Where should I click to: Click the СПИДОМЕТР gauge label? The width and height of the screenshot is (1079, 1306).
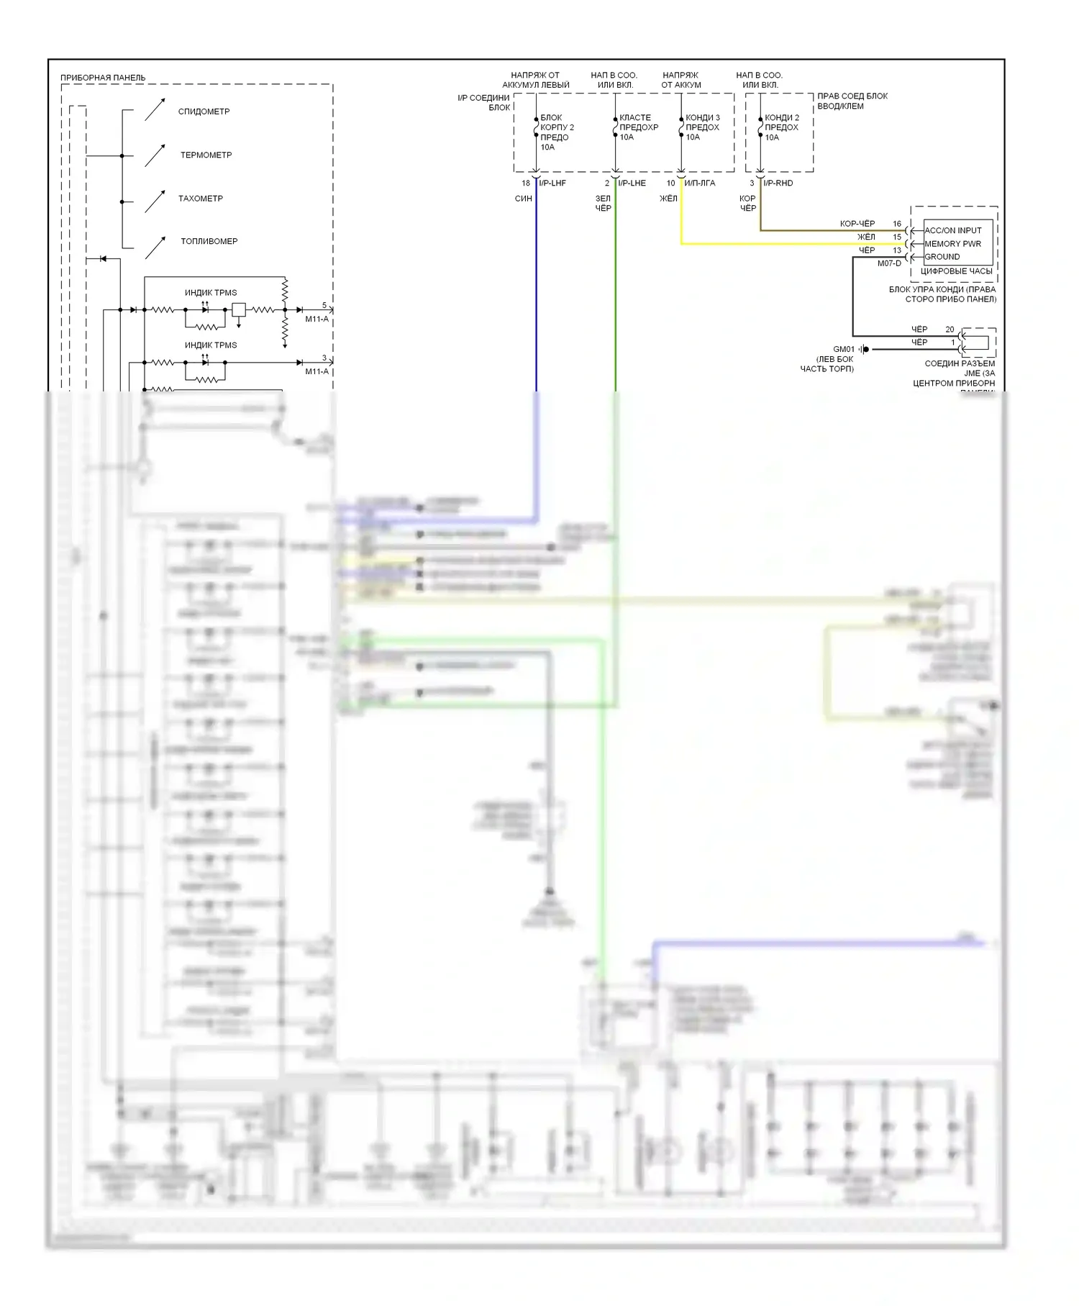[204, 112]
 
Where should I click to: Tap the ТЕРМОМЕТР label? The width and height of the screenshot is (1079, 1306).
[206, 155]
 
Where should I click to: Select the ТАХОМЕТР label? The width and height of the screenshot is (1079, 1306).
[200, 198]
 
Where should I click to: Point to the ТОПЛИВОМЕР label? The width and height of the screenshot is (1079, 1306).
[209, 241]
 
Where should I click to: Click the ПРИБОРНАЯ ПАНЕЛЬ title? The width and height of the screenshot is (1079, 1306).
[102, 78]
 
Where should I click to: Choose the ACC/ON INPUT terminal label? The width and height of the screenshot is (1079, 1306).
[952, 230]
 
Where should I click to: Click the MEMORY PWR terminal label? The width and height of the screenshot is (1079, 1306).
[952, 243]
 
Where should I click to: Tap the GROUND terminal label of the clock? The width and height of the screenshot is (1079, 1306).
[942, 256]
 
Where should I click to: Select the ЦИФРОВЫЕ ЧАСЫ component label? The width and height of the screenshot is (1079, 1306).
[956, 271]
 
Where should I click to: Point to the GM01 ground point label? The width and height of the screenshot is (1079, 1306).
[843, 349]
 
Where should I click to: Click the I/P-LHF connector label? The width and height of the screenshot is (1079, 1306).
[552, 183]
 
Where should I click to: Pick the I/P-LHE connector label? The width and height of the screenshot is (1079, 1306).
[632, 183]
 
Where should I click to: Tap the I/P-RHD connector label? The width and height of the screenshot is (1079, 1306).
[778, 183]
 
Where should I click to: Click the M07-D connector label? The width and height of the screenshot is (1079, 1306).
[888, 263]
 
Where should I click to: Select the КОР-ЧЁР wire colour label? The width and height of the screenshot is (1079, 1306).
[857, 224]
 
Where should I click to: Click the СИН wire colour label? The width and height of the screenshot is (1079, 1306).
[523, 199]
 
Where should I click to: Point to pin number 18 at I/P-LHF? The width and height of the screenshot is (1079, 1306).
[526, 183]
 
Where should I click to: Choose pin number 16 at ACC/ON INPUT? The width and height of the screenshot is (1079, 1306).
[897, 224]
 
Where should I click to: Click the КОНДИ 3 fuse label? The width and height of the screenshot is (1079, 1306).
[702, 117]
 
